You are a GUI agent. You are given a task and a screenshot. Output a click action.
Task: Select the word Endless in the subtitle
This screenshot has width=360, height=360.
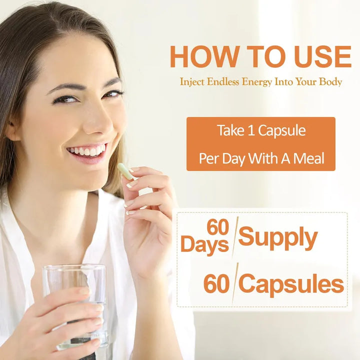click(222, 82)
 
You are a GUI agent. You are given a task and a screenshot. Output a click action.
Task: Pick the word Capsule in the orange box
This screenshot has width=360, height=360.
click(282, 131)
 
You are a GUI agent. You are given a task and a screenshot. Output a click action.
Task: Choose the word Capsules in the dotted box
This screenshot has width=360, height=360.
click(291, 284)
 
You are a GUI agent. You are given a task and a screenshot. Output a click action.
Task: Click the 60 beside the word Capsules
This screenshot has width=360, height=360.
click(216, 284)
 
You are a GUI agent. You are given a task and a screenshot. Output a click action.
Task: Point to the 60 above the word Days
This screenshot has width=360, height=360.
click(217, 227)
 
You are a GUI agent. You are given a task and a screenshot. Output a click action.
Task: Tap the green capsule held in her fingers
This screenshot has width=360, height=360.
click(125, 171)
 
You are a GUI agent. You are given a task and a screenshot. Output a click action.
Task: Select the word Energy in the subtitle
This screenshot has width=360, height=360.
click(257, 82)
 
